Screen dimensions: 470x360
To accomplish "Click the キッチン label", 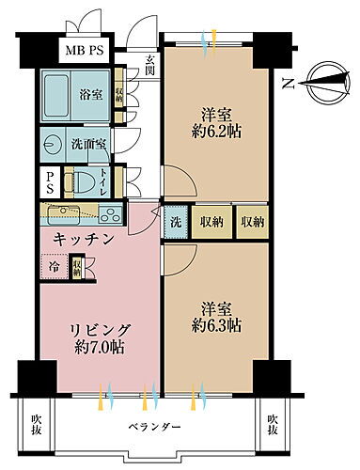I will [x=84, y=241].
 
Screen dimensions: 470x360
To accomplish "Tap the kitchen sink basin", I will [x=56, y=212].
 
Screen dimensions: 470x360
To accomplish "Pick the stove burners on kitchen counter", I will [x=105, y=212].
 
